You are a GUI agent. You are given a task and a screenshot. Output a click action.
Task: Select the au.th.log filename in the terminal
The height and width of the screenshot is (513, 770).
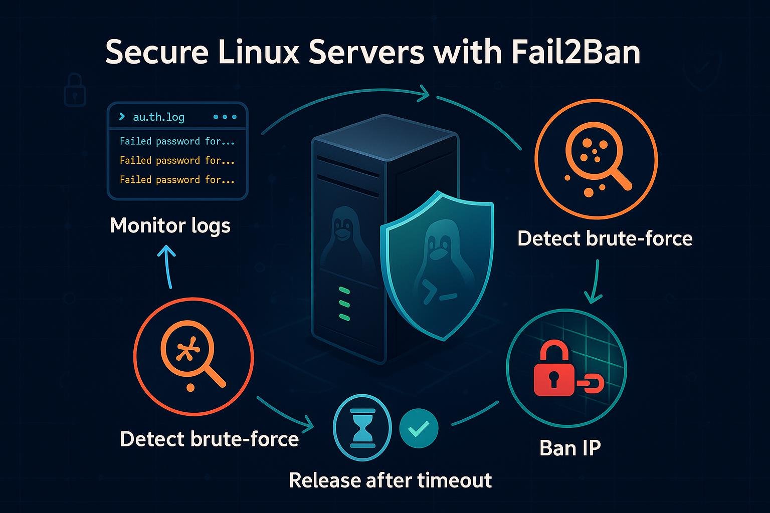coord(158,117)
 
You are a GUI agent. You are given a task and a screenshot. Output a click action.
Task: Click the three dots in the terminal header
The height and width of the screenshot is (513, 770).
coord(225,117)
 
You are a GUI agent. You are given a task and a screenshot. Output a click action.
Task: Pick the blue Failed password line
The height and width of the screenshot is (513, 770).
coord(177,141)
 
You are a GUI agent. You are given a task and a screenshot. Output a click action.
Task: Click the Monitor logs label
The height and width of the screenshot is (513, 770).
coord(170,225)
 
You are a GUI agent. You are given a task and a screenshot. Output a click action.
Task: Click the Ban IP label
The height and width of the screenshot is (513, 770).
coord(570,448)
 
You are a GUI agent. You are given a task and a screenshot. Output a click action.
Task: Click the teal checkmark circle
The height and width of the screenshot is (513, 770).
coord(419,428)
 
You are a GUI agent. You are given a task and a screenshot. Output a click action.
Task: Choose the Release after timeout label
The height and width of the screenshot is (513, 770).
coord(390,480)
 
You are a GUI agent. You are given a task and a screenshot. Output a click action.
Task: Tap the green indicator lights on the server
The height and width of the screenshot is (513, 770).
coord(344,304)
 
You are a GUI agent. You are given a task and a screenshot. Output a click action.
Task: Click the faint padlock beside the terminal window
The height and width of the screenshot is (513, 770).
coord(75,90)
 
